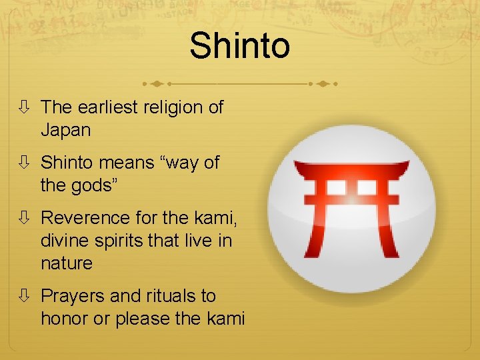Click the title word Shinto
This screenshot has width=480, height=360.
239,46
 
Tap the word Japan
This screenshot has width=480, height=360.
65,130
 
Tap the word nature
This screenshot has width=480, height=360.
67,263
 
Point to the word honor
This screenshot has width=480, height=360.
65,319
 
